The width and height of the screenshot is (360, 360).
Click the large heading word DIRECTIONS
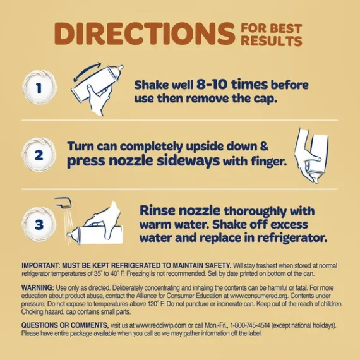point(145,33)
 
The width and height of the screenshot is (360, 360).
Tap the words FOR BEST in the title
point(272,28)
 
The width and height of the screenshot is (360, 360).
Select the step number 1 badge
point(39,88)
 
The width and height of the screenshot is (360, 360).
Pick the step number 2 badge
point(39,155)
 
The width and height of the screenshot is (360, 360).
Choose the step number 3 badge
point(39,224)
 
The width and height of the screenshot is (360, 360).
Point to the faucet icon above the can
point(64,202)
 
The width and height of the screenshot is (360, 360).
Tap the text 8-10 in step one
point(212,84)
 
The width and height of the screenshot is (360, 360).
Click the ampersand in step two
point(264,147)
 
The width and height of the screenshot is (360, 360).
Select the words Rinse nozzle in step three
point(180,210)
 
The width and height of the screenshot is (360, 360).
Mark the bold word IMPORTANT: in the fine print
point(40,265)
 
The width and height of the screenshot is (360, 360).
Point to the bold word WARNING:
point(38,287)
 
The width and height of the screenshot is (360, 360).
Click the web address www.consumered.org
point(259,296)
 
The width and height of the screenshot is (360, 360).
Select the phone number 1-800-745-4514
point(250,325)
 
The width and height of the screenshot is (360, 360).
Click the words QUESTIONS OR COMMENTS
point(65,325)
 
